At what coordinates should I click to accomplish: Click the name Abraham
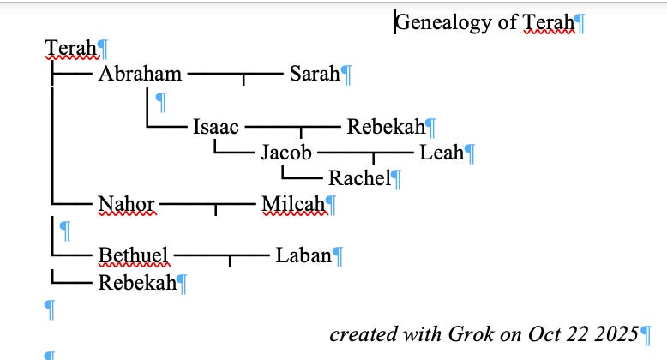(x=140, y=74)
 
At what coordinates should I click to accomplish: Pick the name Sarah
(x=314, y=74)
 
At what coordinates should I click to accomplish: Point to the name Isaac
(x=216, y=128)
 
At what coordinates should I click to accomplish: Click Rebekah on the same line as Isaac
(x=386, y=128)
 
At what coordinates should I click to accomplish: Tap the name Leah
(x=441, y=153)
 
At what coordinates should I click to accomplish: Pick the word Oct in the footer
(x=537, y=333)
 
